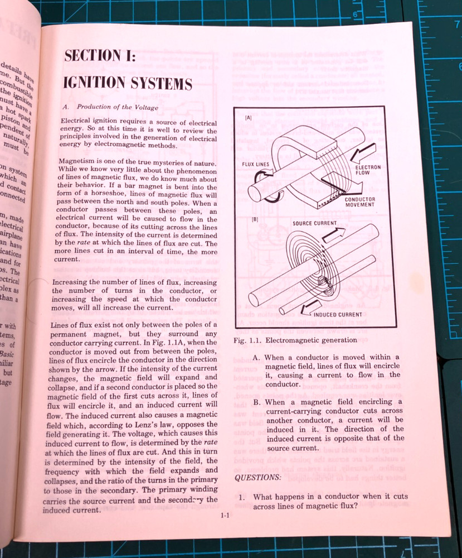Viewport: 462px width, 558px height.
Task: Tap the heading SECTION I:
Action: point(100,55)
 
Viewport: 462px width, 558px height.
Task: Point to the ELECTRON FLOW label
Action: point(367,171)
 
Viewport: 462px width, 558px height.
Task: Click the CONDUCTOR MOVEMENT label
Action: point(359,202)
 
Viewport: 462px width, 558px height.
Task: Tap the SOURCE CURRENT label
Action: point(314,223)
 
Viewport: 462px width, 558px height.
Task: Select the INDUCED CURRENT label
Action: point(341,314)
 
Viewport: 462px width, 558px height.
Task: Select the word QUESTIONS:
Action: point(257,478)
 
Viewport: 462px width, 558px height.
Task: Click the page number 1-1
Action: point(225,516)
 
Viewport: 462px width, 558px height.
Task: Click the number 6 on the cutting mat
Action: point(354,15)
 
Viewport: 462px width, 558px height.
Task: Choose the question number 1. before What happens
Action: point(242,496)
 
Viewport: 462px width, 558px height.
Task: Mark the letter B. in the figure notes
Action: point(256,402)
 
